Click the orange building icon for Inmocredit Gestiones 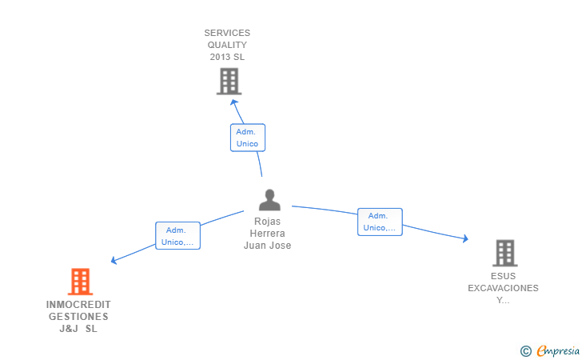[x=80, y=282]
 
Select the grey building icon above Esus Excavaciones [x=505, y=253]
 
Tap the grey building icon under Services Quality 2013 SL [x=229, y=82]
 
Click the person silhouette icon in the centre [x=270, y=200]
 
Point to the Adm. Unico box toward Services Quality [x=248, y=138]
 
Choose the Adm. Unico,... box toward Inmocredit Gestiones [x=177, y=235]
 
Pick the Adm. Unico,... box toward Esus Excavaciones [x=380, y=222]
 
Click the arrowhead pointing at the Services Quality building [x=233, y=102]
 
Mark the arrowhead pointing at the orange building [x=114, y=261]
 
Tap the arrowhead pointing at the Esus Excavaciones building [x=465, y=238]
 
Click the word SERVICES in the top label [x=227, y=33]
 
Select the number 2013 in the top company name [x=220, y=57]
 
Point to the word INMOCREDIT [x=78, y=305]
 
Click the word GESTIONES [x=78, y=317]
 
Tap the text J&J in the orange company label [x=69, y=329]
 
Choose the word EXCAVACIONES [x=503, y=288]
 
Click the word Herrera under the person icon [x=267, y=234]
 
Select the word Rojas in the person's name [x=267, y=222]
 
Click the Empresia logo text [x=558, y=350]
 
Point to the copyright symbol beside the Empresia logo [x=525, y=351]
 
